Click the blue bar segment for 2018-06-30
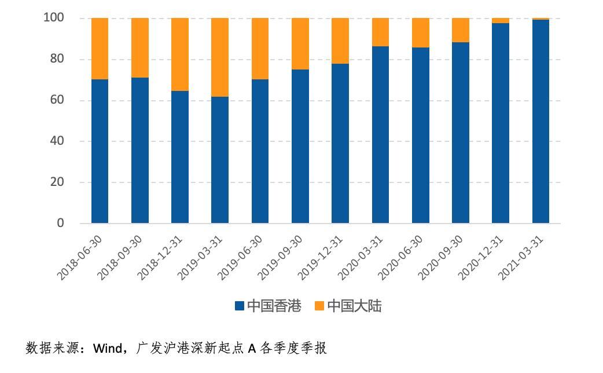(100, 151)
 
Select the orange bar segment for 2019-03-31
(220, 57)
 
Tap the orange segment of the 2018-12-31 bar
(180, 54)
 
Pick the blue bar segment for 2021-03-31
(541, 121)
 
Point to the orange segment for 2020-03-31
(380, 32)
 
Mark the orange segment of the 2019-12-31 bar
(340, 41)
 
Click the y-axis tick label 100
(53, 18)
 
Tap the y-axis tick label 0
(60, 223)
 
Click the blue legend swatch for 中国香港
(240, 306)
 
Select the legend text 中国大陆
(354, 306)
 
